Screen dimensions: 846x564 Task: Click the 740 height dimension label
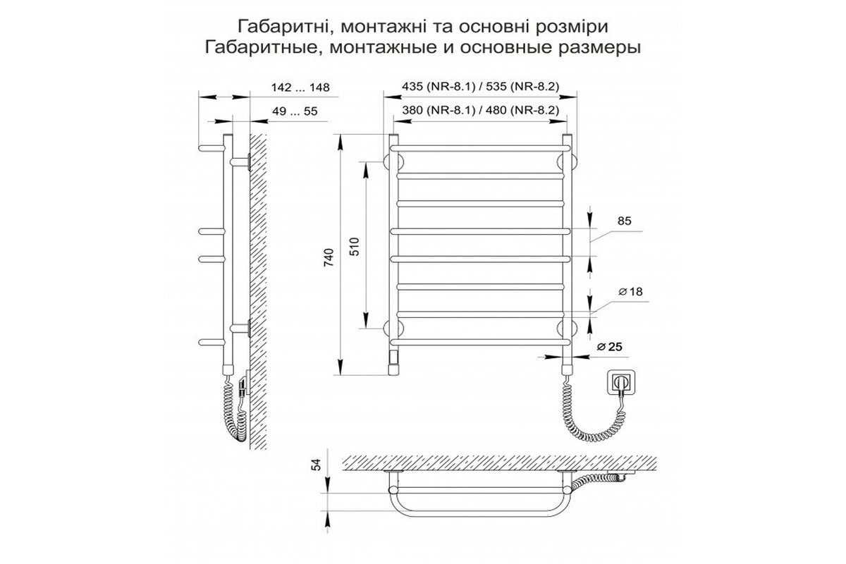pyautogui.click(x=329, y=257)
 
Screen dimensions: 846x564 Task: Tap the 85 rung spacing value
pyautogui.click(x=625, y=221)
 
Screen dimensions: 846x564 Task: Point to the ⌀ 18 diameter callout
pyautogui.click(x=630, y=291)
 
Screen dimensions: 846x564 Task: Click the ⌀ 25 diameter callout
pyautogui.click(x=609, y=346)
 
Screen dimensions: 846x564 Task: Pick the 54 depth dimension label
pyautogui.click(x=317, y=465)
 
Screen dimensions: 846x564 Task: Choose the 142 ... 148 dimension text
pyautogui.click(x=300, y=87)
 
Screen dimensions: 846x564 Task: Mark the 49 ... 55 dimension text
pyautogui.click(x=295, y=111)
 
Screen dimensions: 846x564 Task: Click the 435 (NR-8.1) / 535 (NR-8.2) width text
pyautogui.click(x=480, y=87)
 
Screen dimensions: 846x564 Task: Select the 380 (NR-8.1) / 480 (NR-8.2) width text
pyautogui.click(x=480, y=110)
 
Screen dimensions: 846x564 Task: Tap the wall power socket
pyautogui.click(x=621, y=383)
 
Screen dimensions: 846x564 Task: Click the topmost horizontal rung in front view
pyautogui.click(x=480, y=149)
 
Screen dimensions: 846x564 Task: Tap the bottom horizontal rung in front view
pyautogui.click(x=480, y=342)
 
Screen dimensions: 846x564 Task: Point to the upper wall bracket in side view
pyautogui.click(x=240, y=162)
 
